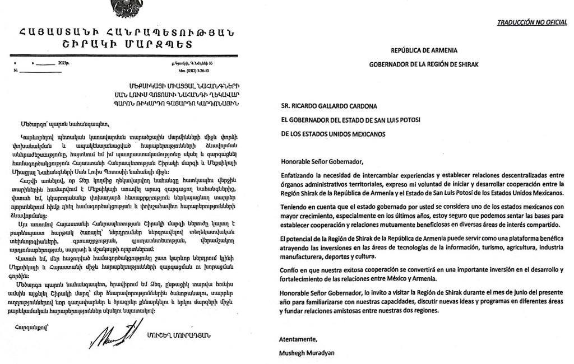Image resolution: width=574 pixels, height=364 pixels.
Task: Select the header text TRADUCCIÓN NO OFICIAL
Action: pyautogui.click(x=531, y=22)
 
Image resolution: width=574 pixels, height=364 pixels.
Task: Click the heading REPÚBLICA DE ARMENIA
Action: pyautogui.click(x=424, y=51)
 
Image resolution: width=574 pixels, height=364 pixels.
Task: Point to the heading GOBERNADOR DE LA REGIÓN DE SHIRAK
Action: pyautogui.click(x=424, y=64)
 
